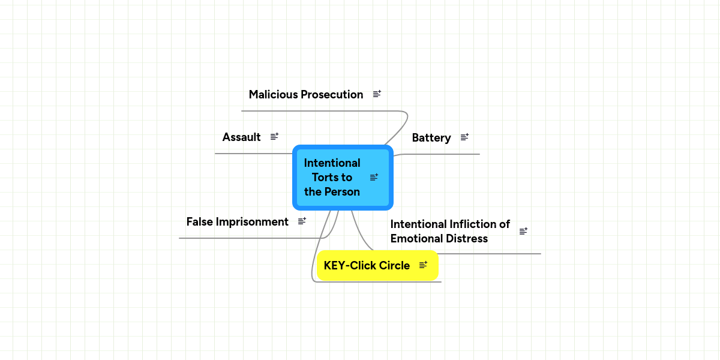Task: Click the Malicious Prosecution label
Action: (x=305, y=95)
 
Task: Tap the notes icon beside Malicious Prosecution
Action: (x=377, y=94)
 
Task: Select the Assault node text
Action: (x=241, y=137)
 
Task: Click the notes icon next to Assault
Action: (x=274, y=137)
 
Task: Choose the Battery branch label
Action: (x=431, y=138)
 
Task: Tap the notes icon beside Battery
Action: (x=464, y=137)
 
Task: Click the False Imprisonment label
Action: (x=237, y=222)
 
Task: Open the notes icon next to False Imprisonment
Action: (x=302, y=221)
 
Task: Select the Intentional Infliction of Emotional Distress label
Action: (x=449, y=231)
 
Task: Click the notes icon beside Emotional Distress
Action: (x=523, y=231)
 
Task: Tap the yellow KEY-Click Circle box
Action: (x=367, y=266)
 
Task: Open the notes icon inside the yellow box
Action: (x=423, y=265)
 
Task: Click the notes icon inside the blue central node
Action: (x=374, y=177)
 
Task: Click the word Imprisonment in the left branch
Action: (x=252, y=222)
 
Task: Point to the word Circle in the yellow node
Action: (x=394, y=266)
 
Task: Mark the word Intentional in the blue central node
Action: (x=332, y=163)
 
